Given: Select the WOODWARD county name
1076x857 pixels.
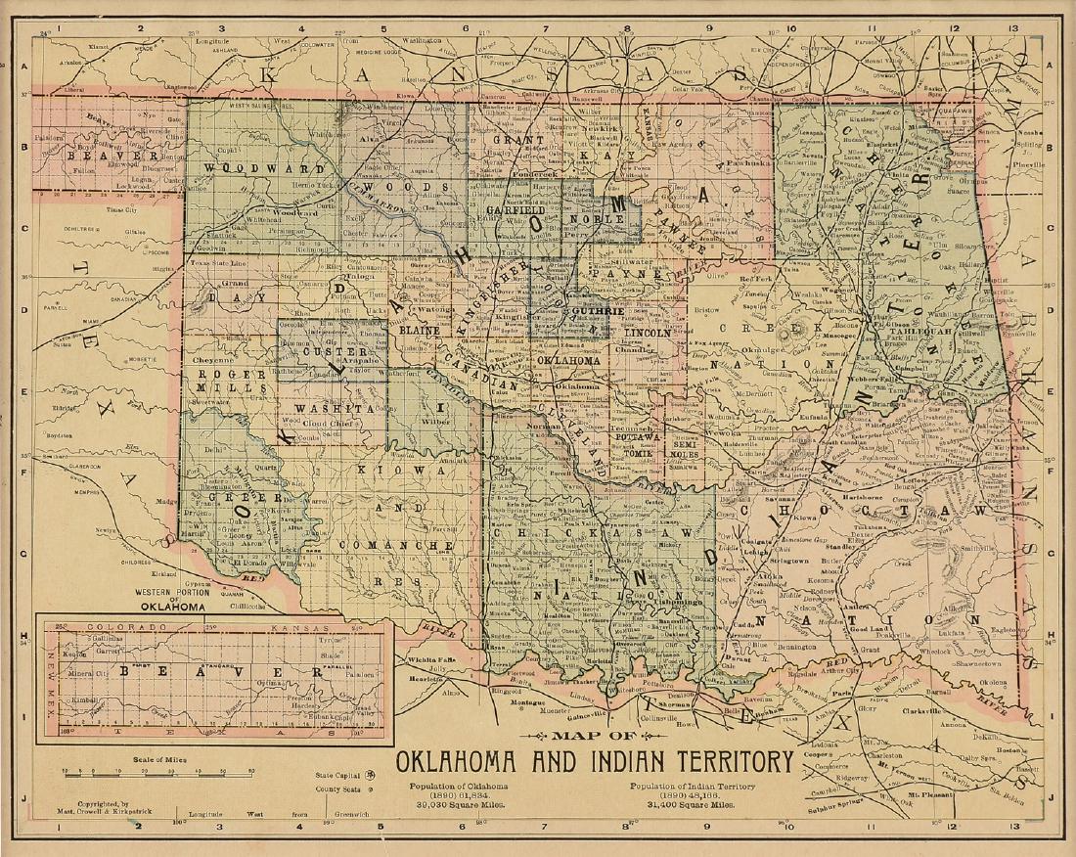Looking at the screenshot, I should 238,167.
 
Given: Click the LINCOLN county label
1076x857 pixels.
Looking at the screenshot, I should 647,333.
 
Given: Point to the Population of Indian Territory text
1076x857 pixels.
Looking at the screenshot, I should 693,787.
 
